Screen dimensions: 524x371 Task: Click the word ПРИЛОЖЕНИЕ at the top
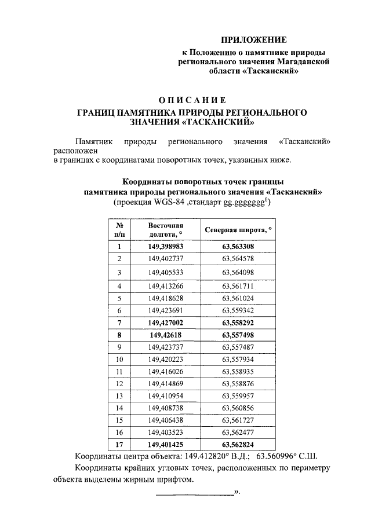(x=255, y=40)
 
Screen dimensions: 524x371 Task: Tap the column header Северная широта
(x=238, y=230)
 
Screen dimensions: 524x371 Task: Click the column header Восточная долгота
(x=165, y=230)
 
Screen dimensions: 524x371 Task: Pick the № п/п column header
(x=119, y=230)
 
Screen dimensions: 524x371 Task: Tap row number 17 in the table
(x=119, y=444)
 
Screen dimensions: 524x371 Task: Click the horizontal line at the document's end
(x=194, y=494)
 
